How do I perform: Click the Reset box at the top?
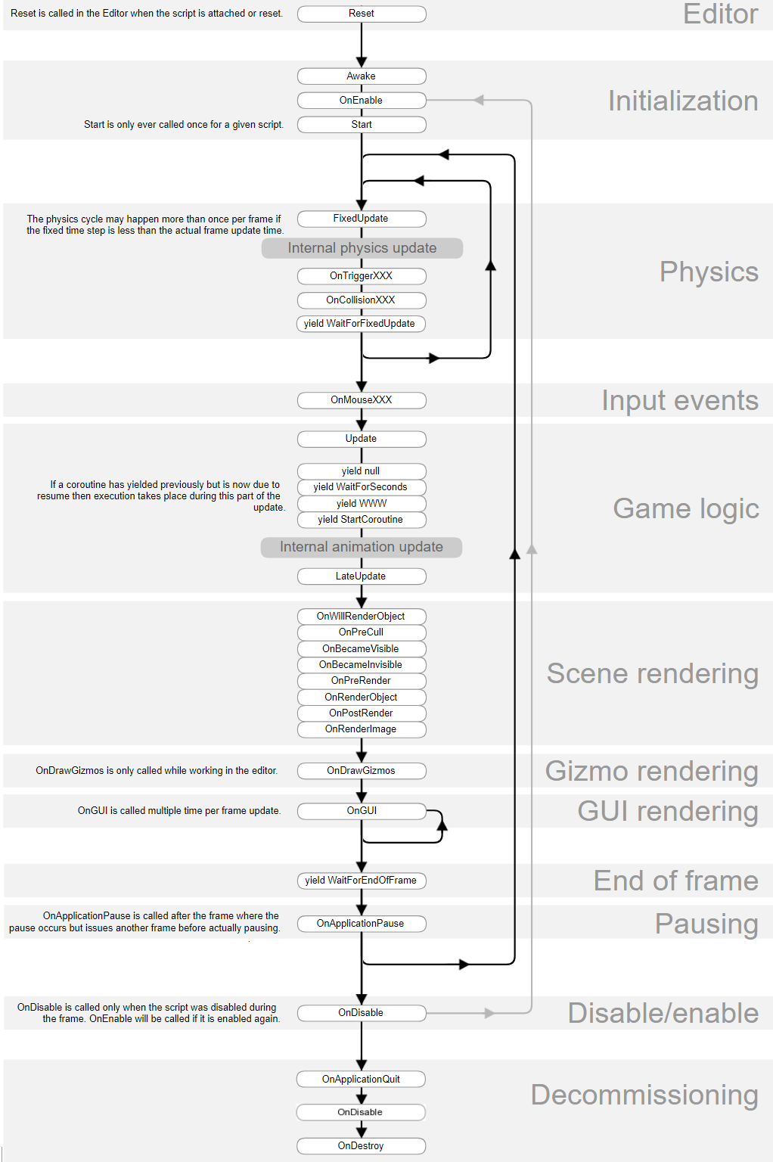(362, 14)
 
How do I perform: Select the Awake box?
(362, 76)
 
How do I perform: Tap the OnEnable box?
(362, 101)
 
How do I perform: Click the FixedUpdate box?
(362, 219)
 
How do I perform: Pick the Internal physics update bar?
(362, 248)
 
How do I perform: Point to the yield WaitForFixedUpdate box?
(360, 324)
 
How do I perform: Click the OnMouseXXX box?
(362, 400)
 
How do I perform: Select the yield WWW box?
(362, 504)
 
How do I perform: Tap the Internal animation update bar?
(362, 547)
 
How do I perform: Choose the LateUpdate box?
(362, 576)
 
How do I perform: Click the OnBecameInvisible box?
(362, 665)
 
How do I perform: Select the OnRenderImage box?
(362, 729)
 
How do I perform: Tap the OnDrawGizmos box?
(362, 771)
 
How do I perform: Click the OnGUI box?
(362, 811)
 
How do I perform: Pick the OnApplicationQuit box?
(362, 1080)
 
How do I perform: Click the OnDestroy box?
(362, 1146)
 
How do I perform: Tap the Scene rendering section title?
(652, 674)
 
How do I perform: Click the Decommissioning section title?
(644, 1095)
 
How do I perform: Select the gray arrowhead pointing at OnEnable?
(479, 101)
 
